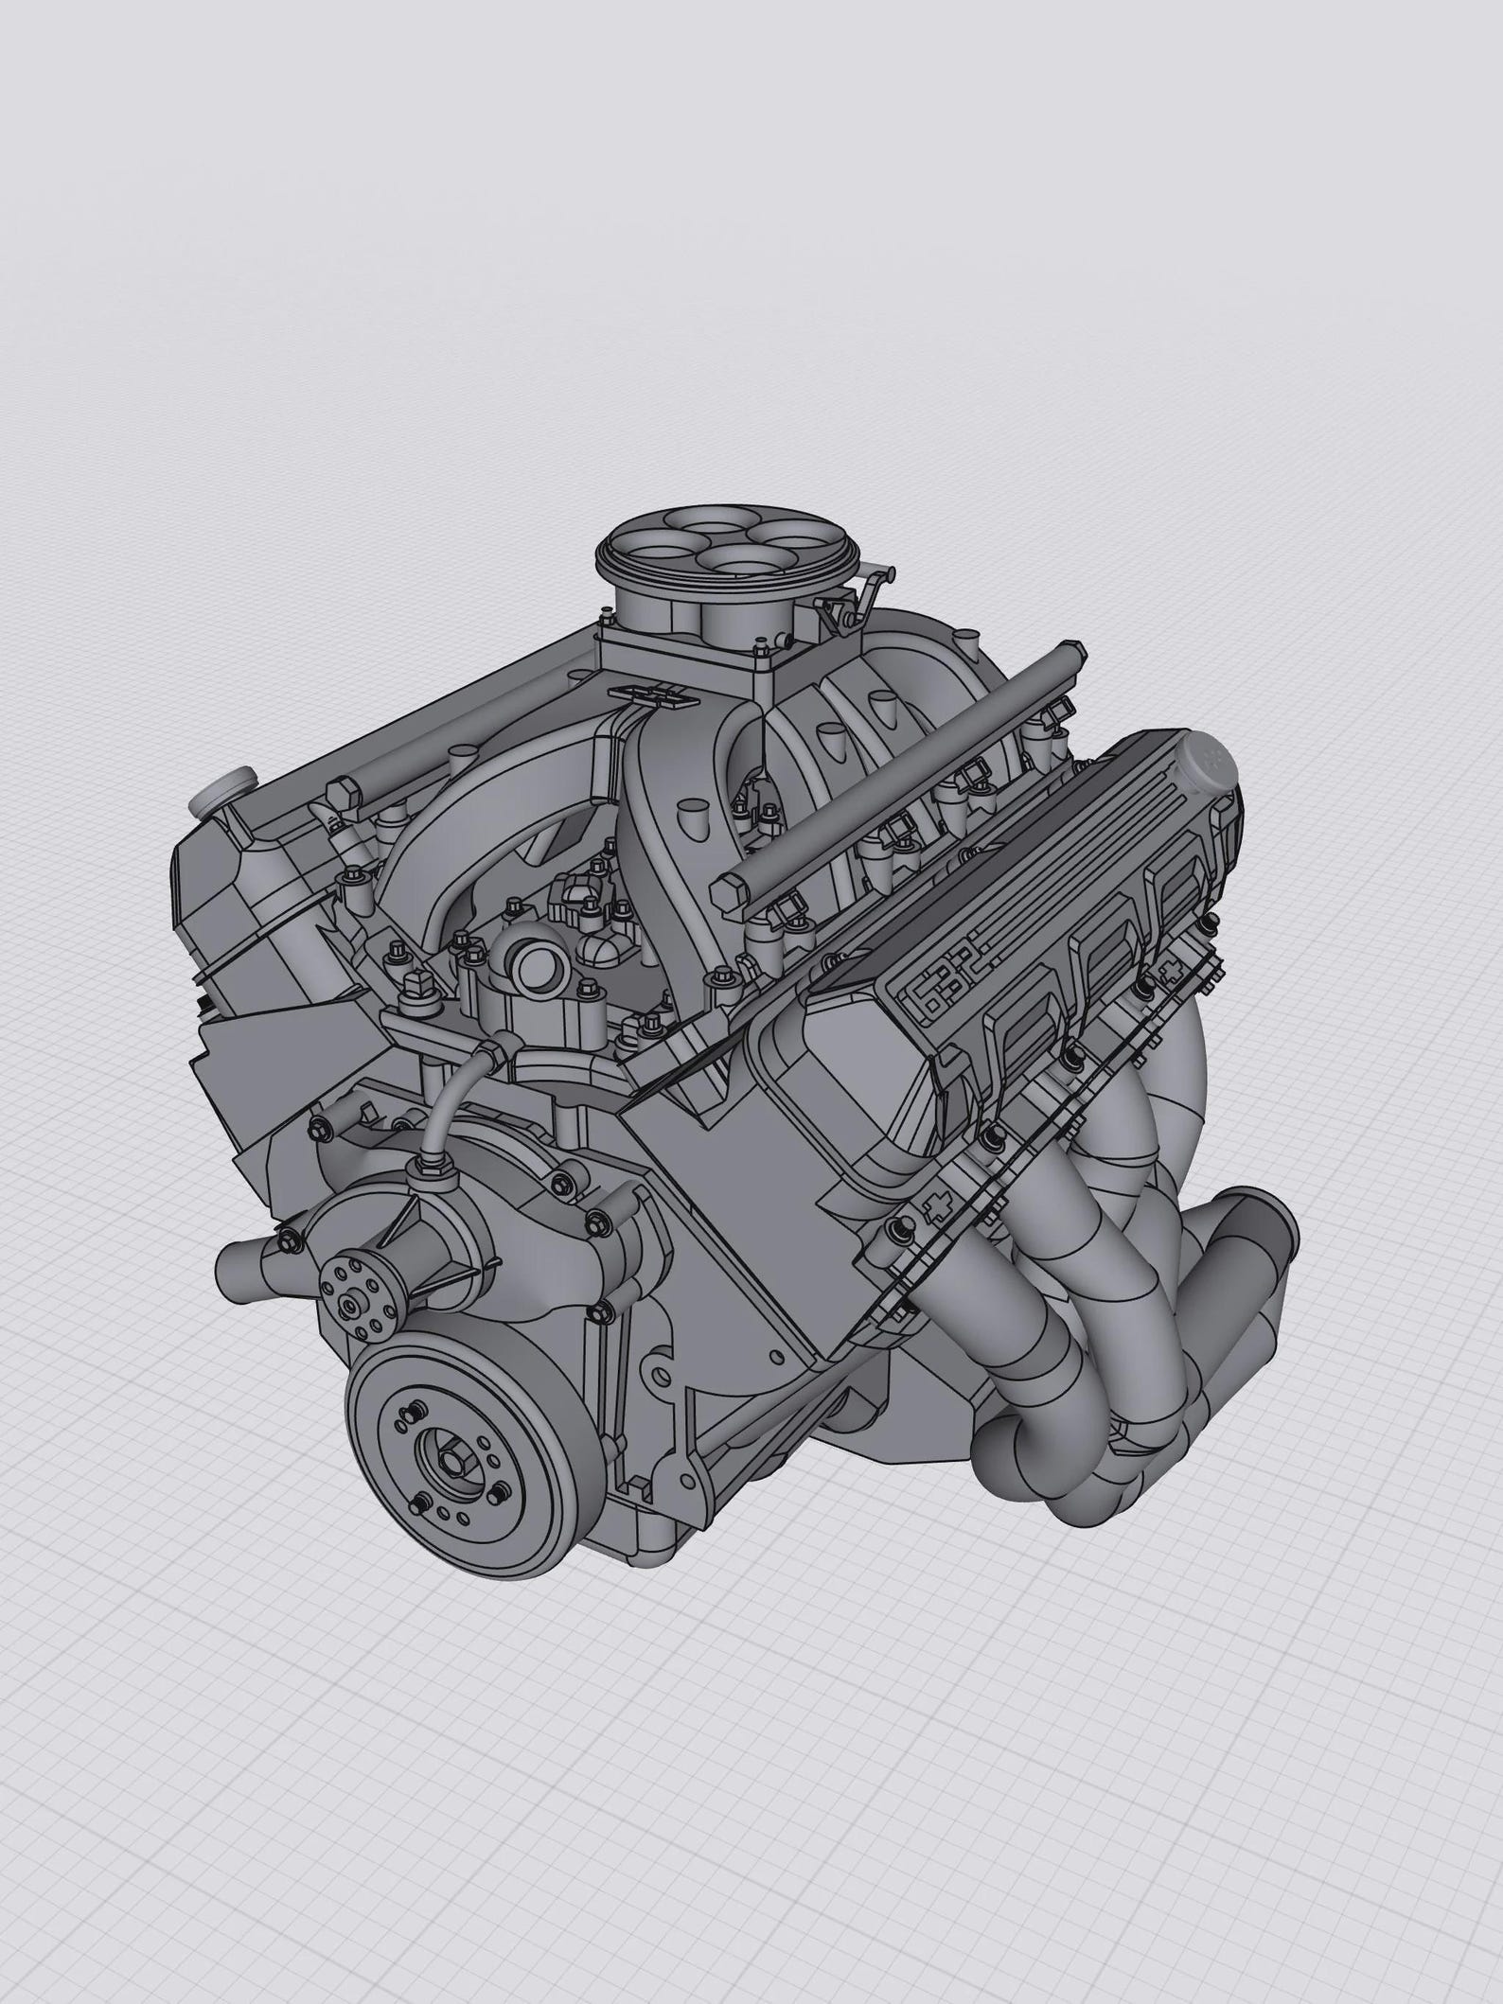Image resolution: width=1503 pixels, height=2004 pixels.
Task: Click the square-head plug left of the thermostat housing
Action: (413, 981)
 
